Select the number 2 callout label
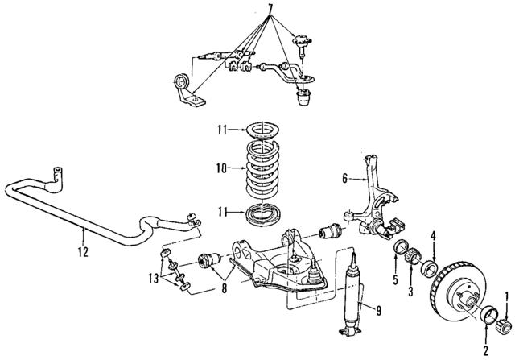(x=484, y=350)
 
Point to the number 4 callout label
(x=433, y=235)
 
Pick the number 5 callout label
(x=396, y=279)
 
